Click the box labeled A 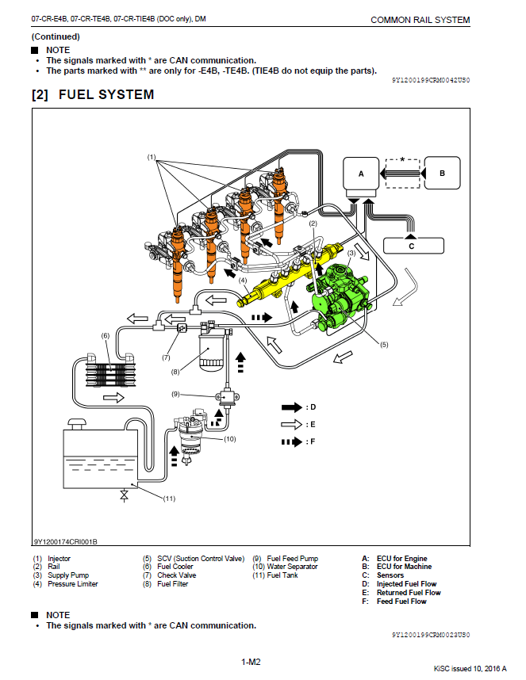coord(361,173)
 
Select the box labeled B coord(442,173)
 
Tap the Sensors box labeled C coord(413,246)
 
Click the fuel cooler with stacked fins coord(110,370)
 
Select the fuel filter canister coord(211,349)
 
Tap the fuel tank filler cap coord(76,423)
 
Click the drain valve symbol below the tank coord(124,495)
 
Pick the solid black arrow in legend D coord(292,407)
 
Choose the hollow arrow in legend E coord(292,425)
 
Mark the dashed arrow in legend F coord(292,442)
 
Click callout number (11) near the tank coord(169,499)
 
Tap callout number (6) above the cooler coord(106,336)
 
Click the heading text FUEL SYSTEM coord(106,94)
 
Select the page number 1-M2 coord(251,662)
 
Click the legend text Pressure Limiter coord(73,584)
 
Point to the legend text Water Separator coord(293,567)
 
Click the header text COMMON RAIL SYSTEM coord(420,20)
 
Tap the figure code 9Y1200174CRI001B coord(66,541)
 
